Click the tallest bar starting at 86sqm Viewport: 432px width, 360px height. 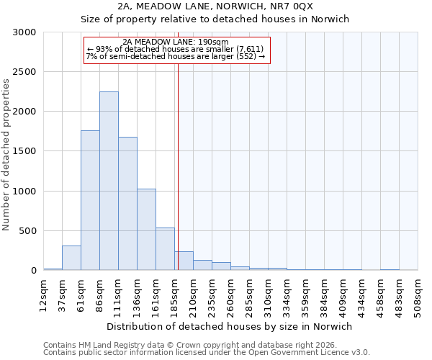tap(109, 181)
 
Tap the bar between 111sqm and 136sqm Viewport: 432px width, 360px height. tap(127, 204)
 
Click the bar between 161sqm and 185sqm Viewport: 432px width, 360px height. tap(165, 249)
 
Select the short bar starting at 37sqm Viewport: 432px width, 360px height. tap(71, 258)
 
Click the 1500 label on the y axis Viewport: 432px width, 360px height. tap(24, 151)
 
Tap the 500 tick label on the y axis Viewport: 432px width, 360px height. tap(27, 231)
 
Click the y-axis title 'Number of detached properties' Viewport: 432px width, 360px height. tap(6, 155)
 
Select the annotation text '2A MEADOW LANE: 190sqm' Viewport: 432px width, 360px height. tap(176, 42)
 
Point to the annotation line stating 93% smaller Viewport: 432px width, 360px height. tap(176, 48)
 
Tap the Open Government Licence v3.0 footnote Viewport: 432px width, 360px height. tap(206, 352)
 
